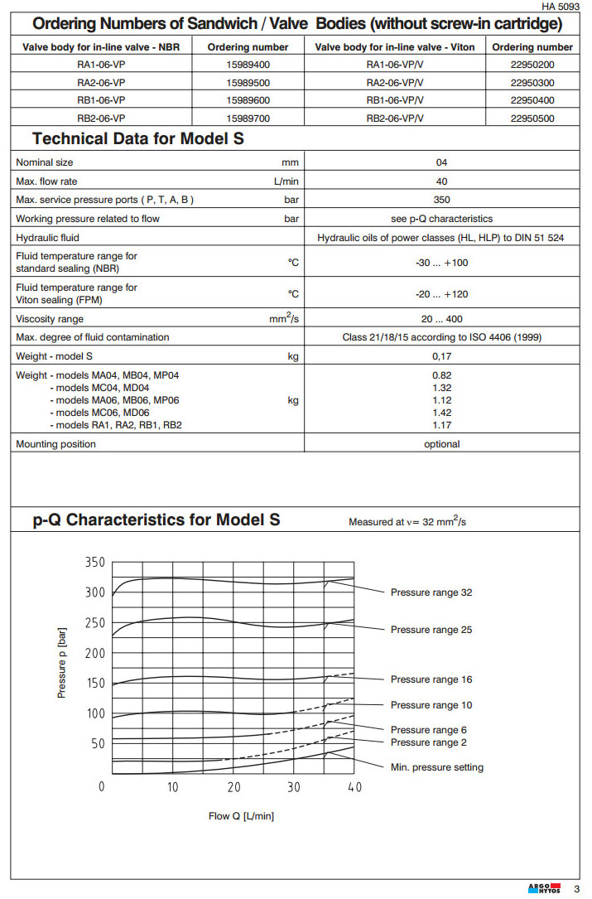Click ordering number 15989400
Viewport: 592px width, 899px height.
click(248, 64)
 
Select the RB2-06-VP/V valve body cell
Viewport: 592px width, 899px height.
click(394, 118)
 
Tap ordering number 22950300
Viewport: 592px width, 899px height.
click(532, 82)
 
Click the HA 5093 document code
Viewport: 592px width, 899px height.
click(561, 7)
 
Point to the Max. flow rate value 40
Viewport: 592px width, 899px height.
click(441, 181)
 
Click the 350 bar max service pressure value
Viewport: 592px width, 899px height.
click(441, 200)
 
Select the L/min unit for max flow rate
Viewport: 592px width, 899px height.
click(286, 181)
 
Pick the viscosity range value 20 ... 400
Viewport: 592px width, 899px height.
click(441, 319)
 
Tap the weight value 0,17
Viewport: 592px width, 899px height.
click(441, 356)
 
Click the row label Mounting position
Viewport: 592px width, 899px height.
click(55, 444)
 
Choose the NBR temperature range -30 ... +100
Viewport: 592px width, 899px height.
click(441, 262)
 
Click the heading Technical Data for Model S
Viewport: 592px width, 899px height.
click(138, 138)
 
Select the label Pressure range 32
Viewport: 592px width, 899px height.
click(431, 592)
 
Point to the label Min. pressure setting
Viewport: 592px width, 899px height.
click(436, 767)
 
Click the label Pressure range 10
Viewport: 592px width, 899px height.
click(431, 705)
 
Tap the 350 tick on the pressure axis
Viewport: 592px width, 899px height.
click(95, 563)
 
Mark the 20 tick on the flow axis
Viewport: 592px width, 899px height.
click(234, 787)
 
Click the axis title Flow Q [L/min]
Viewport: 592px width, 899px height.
click(241, 816)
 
